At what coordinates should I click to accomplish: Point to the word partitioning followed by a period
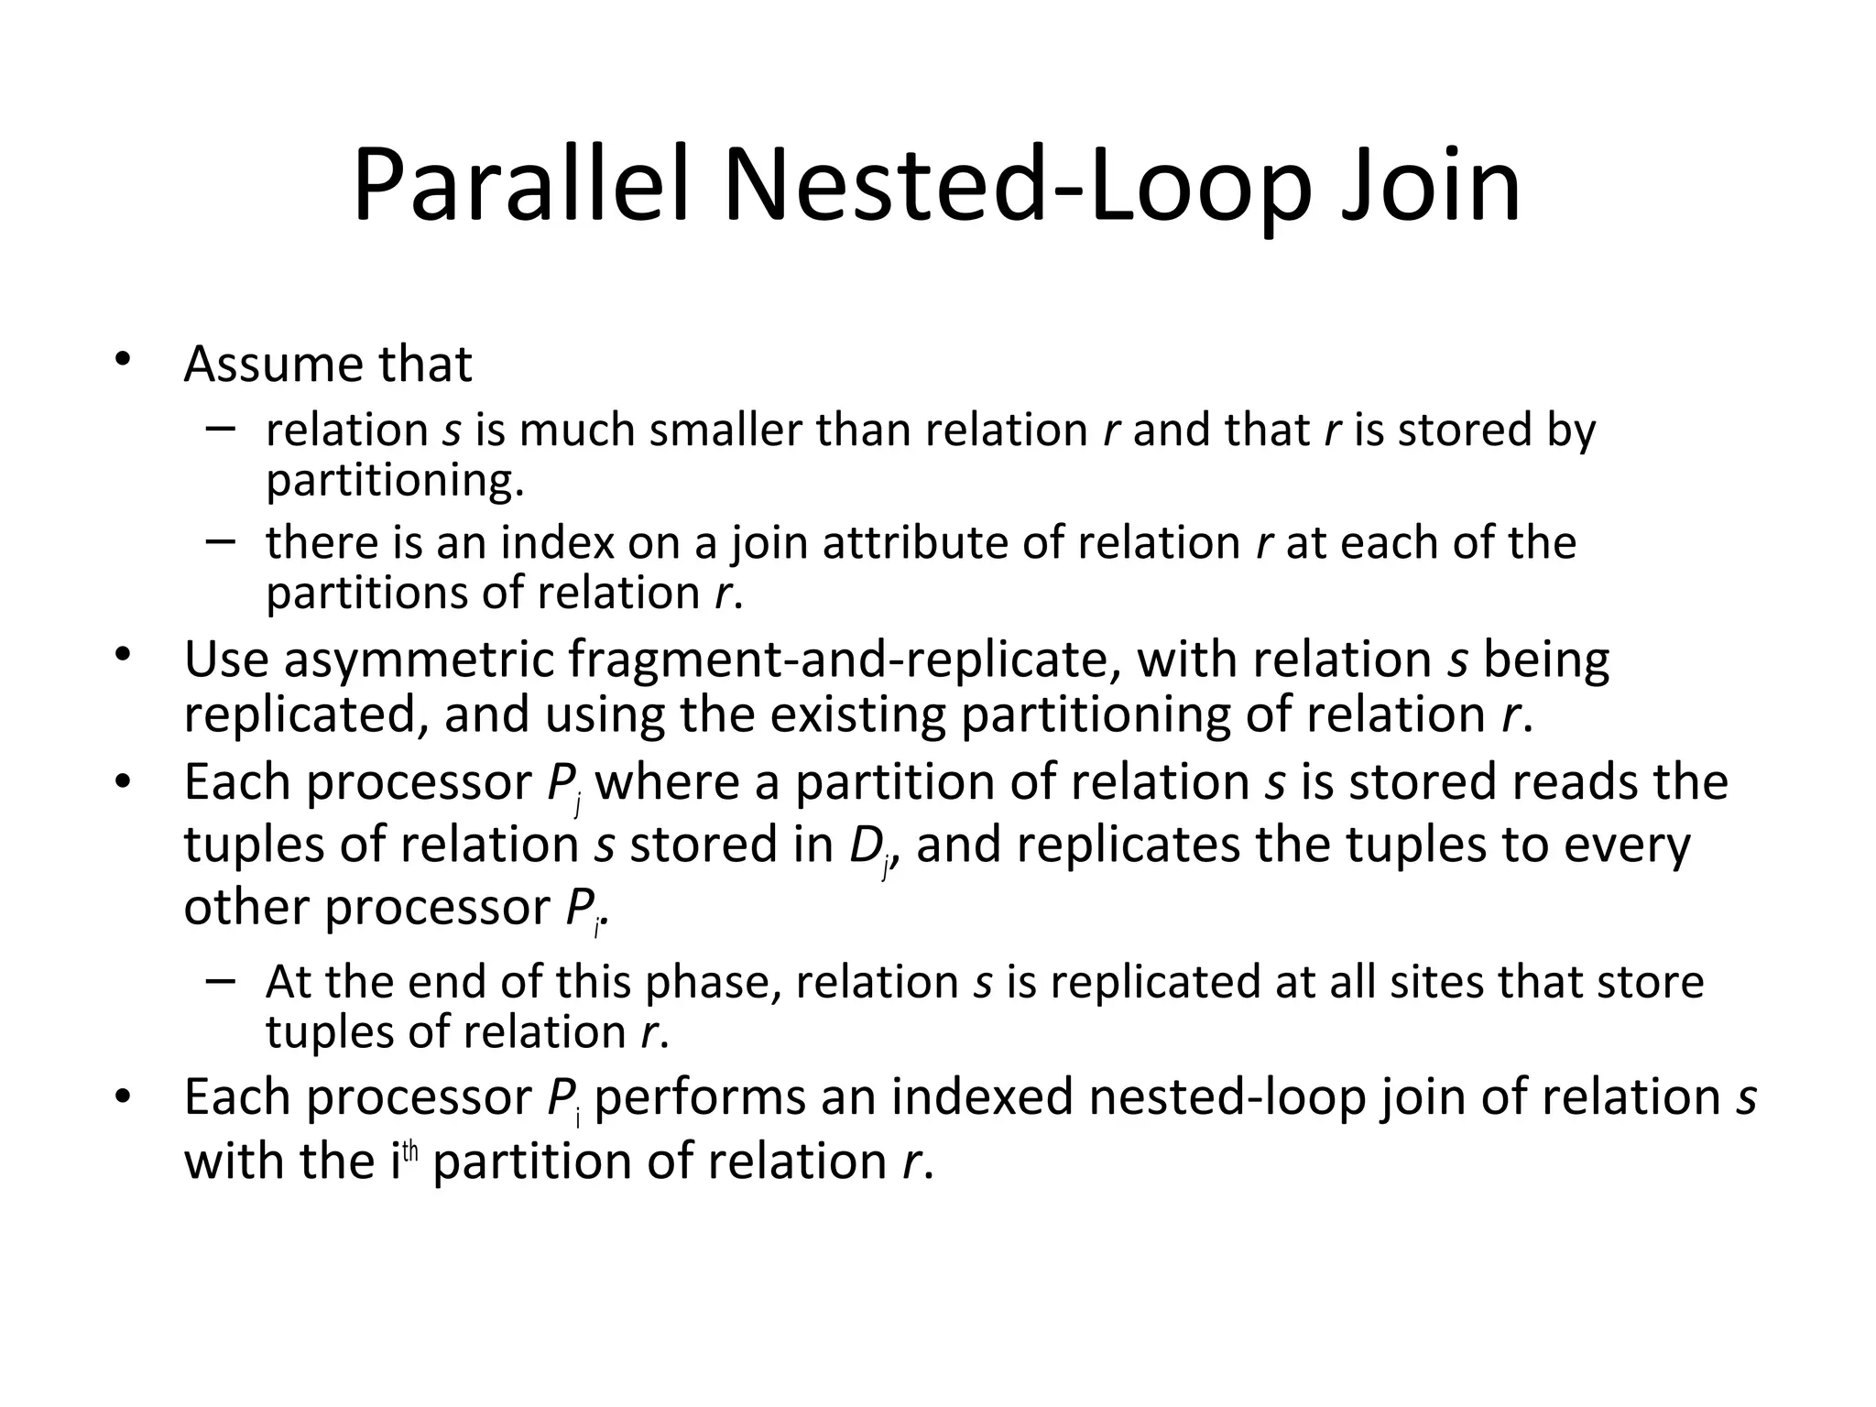pyautogui.click(x=395, y=479)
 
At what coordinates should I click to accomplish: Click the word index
pyautogui.click(x=557, y=542)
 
